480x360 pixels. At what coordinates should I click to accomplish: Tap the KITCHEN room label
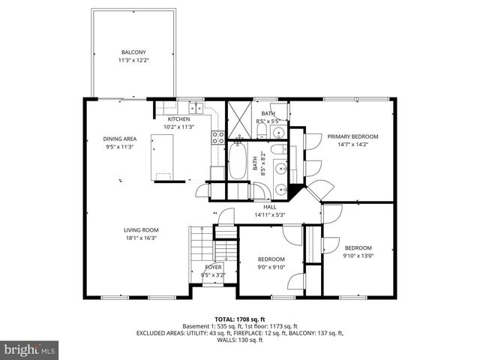coord(178,119)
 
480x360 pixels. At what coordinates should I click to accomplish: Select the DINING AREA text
coord(119,139)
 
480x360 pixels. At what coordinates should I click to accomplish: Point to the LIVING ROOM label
coord(141,230)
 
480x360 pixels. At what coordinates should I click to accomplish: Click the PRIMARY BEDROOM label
coord(352,136)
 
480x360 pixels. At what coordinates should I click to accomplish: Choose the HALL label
coord(270,207)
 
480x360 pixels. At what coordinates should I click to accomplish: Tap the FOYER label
coord(214,267)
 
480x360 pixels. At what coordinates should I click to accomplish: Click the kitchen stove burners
coord(218,136)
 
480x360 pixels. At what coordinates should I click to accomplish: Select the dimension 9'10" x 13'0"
coord(358,255)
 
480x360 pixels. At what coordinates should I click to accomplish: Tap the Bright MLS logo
coord(30,349)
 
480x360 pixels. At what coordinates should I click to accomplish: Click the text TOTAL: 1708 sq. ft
coord(239,318)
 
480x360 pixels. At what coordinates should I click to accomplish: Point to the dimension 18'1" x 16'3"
coord(141,238)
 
